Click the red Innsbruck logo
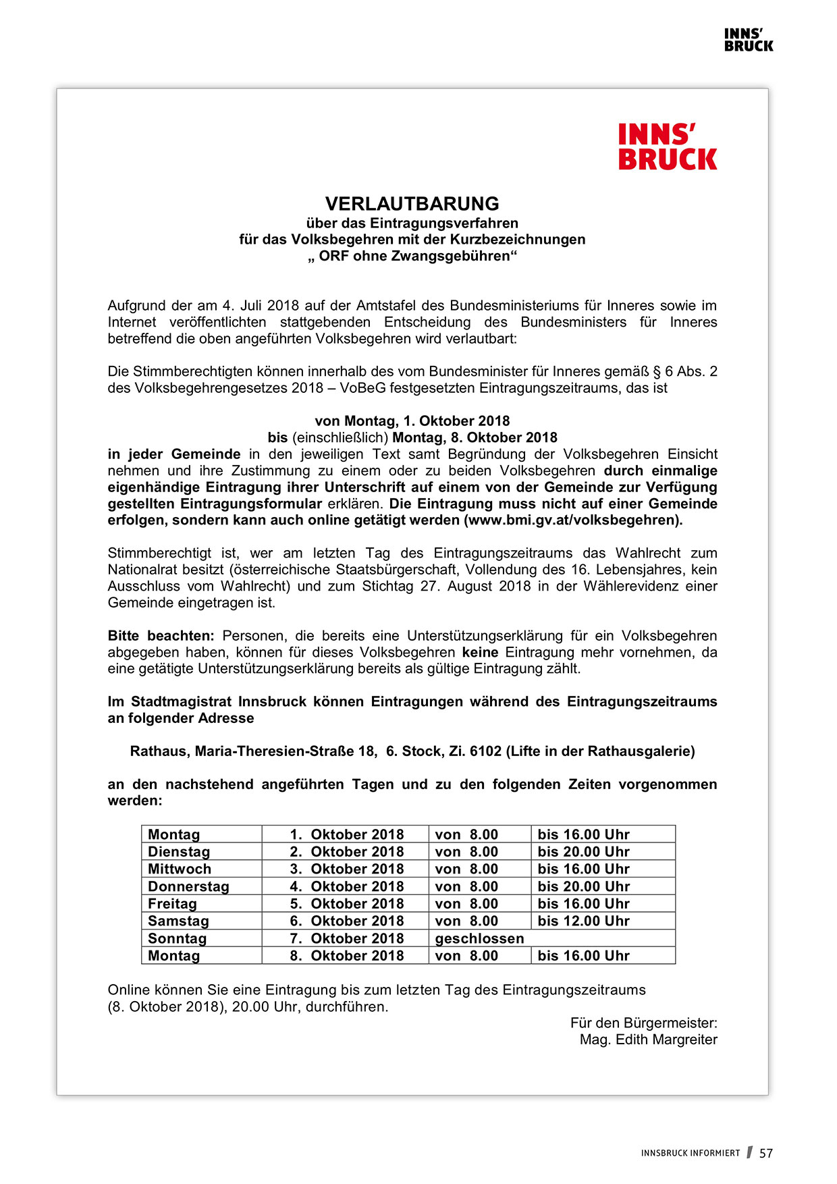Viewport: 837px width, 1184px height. [667, 146]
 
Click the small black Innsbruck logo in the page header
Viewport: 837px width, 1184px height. [748, 41]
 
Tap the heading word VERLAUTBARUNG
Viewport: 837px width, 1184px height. [412, 204]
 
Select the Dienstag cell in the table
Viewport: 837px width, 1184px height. [179, 852]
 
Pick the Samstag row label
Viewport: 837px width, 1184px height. [178, 921]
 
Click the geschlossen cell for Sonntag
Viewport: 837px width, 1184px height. [479, 938]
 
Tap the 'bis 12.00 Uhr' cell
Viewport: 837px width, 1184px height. [583, 921]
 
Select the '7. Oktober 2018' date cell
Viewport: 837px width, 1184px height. [347, 938]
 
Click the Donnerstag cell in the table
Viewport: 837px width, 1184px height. [188, 886]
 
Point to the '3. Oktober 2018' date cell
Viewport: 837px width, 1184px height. [347, 869]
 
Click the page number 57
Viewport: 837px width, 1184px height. [765, 1154]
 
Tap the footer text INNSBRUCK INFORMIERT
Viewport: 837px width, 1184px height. [690, 1154]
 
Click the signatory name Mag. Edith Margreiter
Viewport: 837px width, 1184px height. [648, 1040]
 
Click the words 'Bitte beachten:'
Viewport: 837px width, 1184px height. [161, 636]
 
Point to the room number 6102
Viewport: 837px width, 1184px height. [485, 751]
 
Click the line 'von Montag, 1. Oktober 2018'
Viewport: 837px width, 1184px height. [412, 421]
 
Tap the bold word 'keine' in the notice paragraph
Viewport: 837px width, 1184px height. [480, 653]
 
